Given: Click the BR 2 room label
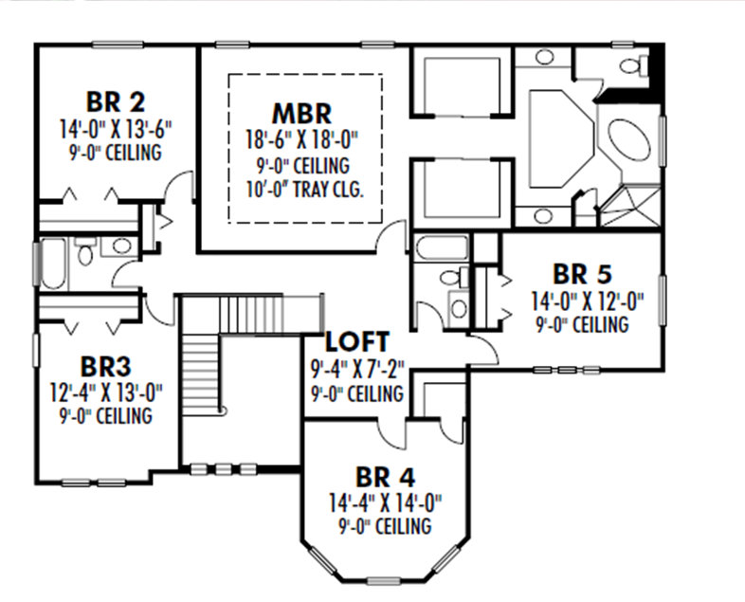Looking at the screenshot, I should tap(115, 101).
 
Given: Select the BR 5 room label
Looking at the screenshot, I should tap(583, 275).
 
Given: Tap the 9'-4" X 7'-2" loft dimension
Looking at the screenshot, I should tap(356, 369).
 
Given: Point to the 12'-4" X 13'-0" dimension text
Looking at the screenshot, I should tap(105, 392).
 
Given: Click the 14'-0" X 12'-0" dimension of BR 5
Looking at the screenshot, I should tap(583, 302).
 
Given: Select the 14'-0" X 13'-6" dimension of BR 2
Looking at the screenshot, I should tap(115, 127).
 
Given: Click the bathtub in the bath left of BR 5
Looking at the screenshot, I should tap(442, 249).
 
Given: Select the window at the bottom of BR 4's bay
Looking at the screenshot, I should tap(383, 579).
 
